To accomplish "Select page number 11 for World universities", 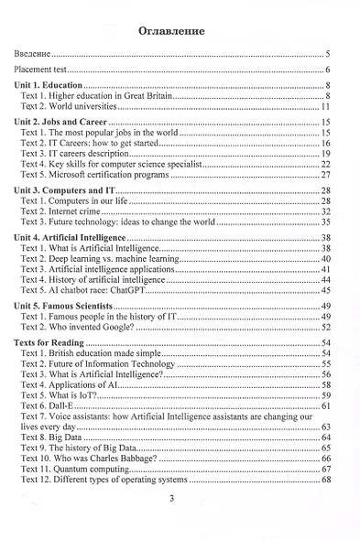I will point(325,107).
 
